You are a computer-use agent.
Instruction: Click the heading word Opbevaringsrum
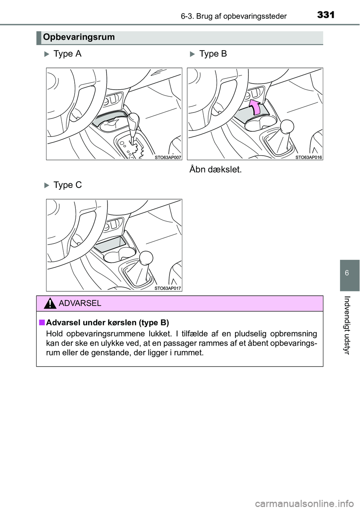[x=78, y=37]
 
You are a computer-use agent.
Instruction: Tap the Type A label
[x=67, y=54]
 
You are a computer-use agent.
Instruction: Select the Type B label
[x=213, y=54]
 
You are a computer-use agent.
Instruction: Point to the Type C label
[x=67, y=185]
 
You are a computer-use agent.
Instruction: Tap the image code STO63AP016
[x=309, y=157]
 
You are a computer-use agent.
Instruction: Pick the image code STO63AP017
[x=168, y=288]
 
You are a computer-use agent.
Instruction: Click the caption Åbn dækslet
[x=216, y=169]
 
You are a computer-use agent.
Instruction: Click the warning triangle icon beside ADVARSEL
[x=50, y=303]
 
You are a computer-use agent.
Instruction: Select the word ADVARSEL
[x=80, y=303]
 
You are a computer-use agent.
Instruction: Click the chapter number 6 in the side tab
[x=350, y=273]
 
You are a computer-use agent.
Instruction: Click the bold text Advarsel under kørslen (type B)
[x=107, y=323]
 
